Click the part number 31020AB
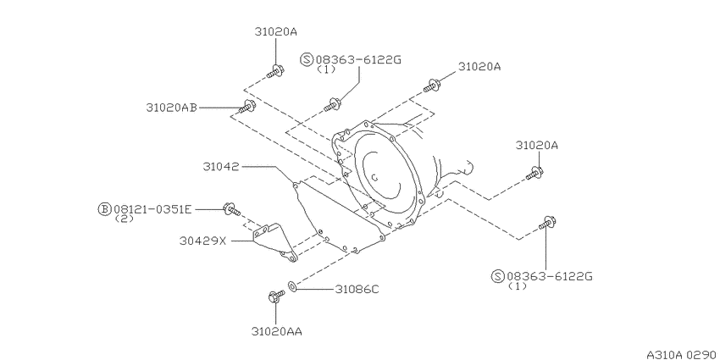coord(172,108)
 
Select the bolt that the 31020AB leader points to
coord(247,106)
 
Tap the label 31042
coord(221,167)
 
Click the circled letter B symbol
coord(105,209)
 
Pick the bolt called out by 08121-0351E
coord(232,209)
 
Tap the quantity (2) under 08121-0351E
coord(124,219)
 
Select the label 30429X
coord(203,241)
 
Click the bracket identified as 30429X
coord(274,242)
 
